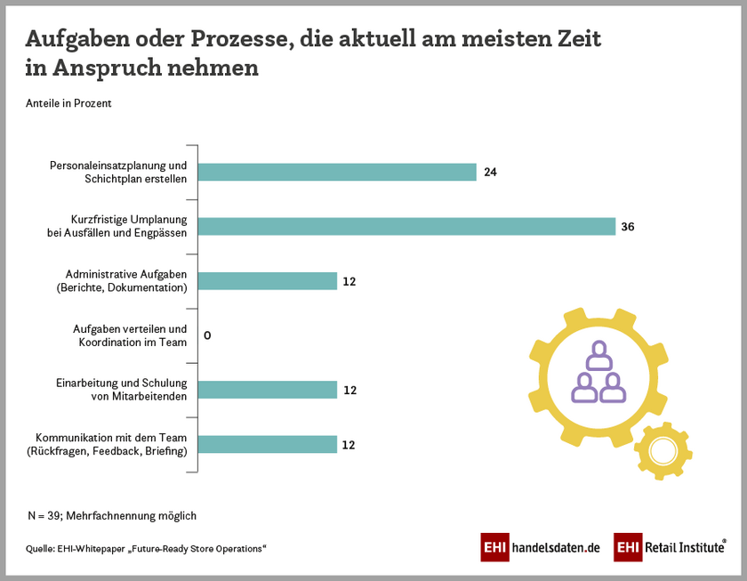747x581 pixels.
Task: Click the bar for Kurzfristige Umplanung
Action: click(406, 227)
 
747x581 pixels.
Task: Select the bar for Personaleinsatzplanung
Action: click(337, 173)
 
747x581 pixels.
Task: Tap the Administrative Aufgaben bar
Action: click(267, 281)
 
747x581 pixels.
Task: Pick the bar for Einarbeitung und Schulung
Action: click(267, 390)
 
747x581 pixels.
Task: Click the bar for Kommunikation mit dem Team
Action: click(267, 444)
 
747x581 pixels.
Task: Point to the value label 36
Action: click(627, 227)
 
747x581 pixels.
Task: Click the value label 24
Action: click(490, 173)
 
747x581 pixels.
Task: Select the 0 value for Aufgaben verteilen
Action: click(207, 335)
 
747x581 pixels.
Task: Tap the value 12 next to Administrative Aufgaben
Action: click(349, 281)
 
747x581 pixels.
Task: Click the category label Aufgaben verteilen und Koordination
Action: click(130, 335)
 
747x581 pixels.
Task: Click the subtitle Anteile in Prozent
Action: click(68, 103)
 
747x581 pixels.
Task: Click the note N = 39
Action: click(111, 515)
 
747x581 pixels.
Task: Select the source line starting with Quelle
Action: click(146, 548)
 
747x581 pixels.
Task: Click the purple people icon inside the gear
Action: click(595, 374)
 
